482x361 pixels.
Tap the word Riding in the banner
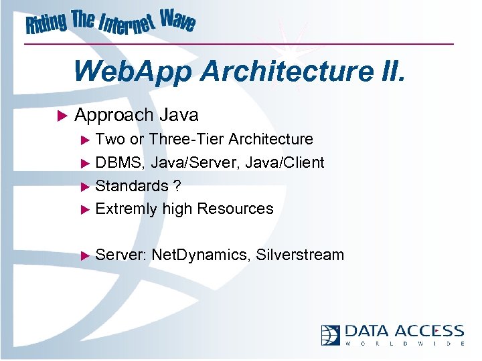tap(47, 25)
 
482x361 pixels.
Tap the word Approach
tap(114, 116)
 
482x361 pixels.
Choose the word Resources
tap(235, 209)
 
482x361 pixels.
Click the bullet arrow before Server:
tap(84, 255)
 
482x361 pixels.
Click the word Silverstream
tap(301, 255)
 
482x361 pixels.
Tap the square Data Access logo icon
tap(331, 334)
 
